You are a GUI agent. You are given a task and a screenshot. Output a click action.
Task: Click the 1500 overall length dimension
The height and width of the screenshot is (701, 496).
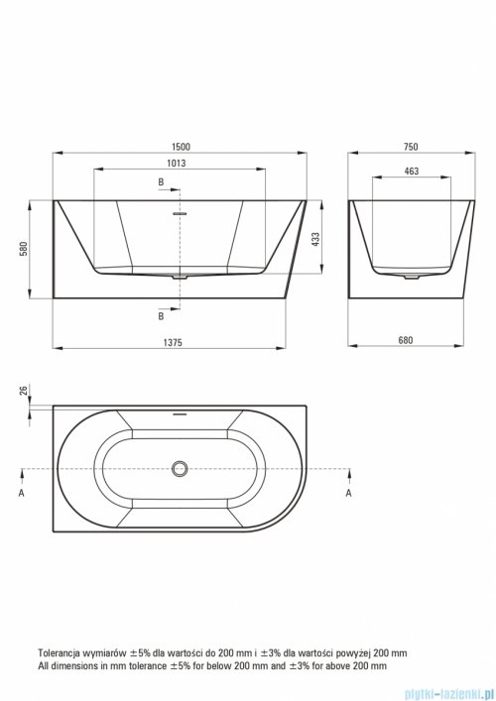(x=181, y=147)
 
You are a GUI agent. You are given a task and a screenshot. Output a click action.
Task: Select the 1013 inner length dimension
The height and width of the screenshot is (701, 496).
(x=177, y=164)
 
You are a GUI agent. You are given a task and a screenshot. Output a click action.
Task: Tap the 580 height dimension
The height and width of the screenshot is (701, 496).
(x=24, y=249)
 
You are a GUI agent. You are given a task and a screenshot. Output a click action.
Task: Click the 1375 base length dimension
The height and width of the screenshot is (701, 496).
(x=173, y=342)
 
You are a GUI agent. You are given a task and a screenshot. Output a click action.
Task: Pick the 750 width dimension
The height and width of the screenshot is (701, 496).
(x=411, y=147)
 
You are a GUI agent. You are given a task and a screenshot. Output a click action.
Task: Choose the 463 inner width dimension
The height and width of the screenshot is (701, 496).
(x=411, y=171)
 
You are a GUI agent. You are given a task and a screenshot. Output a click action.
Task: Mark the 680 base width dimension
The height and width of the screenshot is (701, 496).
(x=405, y=340)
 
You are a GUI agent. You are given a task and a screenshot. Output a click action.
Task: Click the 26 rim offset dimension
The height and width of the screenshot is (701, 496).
(x=24, y=390)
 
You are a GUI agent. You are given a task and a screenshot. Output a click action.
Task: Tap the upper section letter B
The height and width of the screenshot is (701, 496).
(x=161, y=182)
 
